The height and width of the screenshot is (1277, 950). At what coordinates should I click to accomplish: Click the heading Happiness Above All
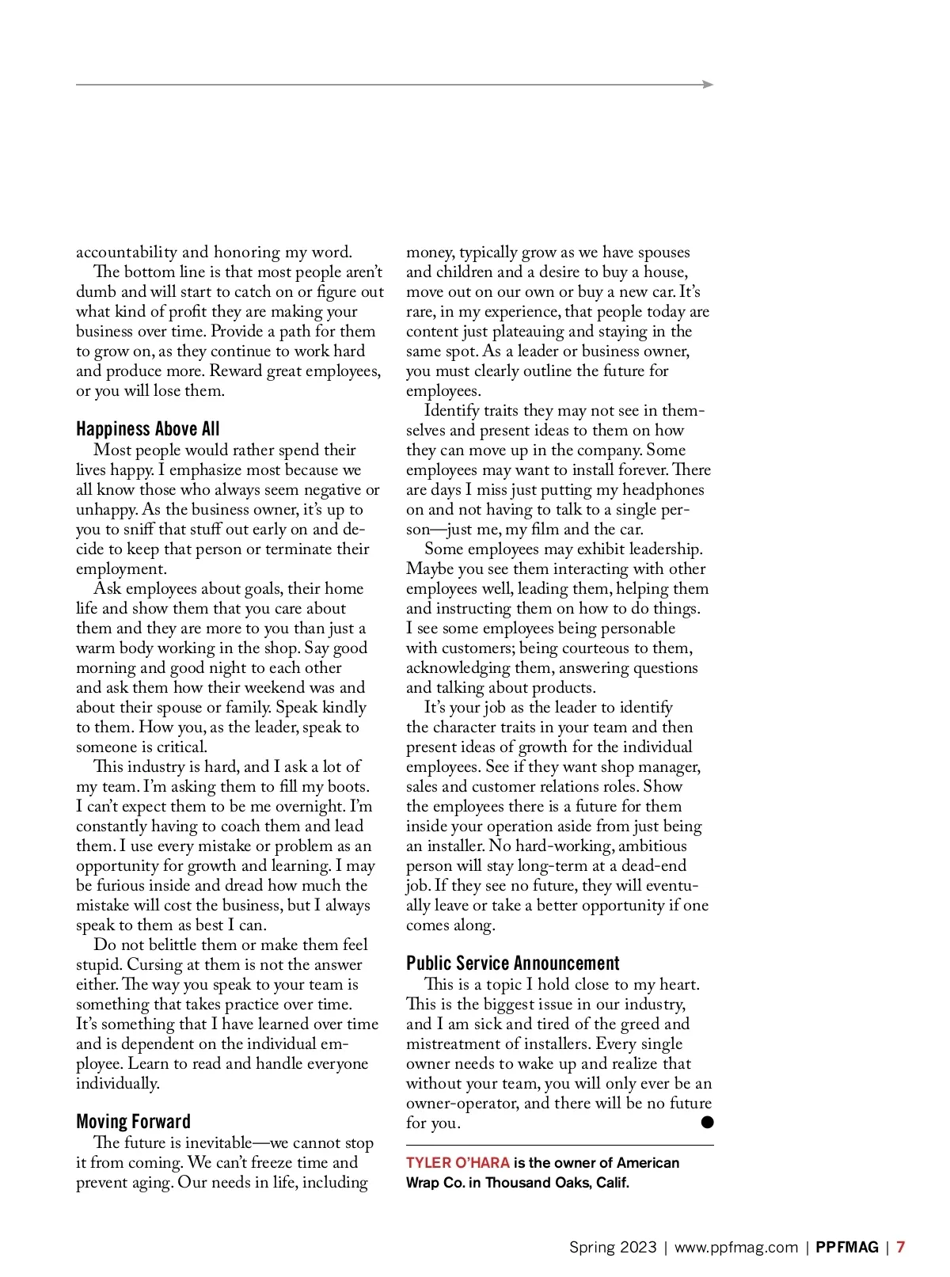(x=147, y=429)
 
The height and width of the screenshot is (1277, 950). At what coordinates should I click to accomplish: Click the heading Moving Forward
(x=133, y=1122)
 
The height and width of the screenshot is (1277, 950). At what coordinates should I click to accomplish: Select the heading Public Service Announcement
(x=512, y=963)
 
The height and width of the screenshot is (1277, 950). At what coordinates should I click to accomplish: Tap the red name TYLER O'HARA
(x=458, y=1163)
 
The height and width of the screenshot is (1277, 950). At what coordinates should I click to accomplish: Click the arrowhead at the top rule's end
(x=709, y=85)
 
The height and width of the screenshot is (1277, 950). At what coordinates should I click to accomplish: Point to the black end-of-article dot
(x=707, y=1123)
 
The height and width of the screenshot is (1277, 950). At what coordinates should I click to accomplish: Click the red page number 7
(x=901, y=1248)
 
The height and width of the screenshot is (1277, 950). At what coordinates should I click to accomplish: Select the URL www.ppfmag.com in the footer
(x=735, y=1248)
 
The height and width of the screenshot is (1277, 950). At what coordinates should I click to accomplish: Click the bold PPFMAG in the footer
(x=847, y=1248)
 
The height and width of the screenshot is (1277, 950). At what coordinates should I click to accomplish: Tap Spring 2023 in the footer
(x=613, y=1248)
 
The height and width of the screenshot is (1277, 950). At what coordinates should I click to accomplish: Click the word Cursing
(x=154, y=965)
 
